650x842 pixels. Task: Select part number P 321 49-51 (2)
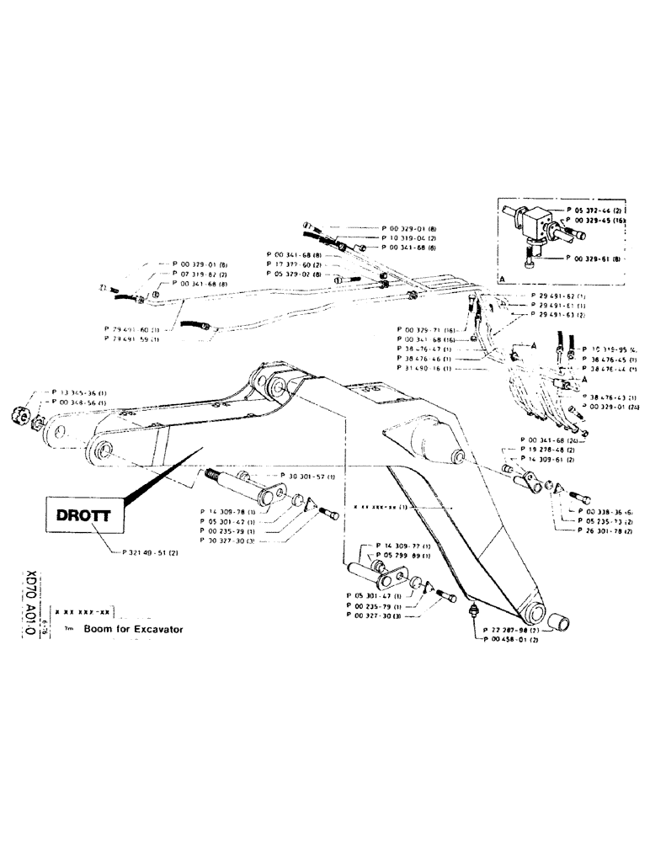[146, 554]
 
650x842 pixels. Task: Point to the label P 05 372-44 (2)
[594, 207]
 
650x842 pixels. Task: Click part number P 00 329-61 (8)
[595, 259]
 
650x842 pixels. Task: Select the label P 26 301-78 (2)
[597, 530]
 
